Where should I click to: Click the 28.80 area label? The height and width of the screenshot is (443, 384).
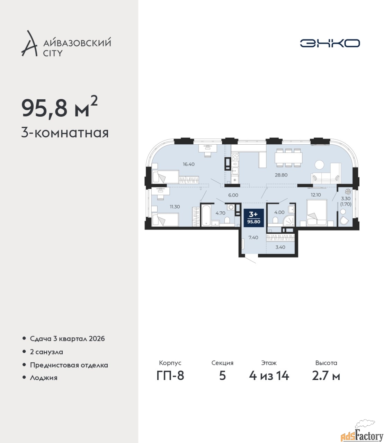(281, 175)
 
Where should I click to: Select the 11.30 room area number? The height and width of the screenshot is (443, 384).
(175, 207)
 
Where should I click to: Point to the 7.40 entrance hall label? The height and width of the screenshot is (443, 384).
(253, 237)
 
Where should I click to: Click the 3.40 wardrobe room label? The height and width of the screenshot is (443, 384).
(280, 247)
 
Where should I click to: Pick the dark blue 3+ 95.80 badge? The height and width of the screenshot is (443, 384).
(254, 218)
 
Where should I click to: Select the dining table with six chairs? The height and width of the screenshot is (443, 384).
(288, 157)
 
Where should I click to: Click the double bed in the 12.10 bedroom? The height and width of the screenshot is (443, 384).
(317, 213)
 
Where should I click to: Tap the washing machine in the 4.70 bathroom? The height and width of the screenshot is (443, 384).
(231, 207)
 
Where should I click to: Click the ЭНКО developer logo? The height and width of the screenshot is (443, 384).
(330, 43)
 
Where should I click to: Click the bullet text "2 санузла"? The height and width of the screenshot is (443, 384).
(46, 352)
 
